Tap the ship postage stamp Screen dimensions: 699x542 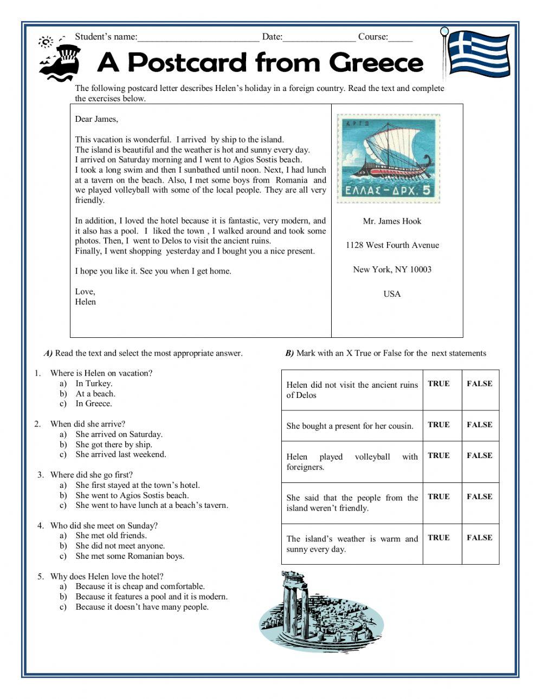(x=388, y=158)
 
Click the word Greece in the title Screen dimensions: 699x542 (x=376, y=63)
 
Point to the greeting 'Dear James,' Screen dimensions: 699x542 (x=96, y=119)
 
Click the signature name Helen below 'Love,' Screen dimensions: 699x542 (x=86, y=302)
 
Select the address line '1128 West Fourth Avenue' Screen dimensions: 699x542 (x=392, y=245)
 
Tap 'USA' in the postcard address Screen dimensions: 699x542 (x=392, y=294)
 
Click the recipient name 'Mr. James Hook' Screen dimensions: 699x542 (x=392, y=221)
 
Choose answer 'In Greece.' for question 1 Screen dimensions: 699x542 (x=94, y=404)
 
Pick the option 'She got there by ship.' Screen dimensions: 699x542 (x=114, y=445)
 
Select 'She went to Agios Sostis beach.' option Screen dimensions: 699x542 (x=132, y=495)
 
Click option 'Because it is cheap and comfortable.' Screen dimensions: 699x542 (x=140, y=586)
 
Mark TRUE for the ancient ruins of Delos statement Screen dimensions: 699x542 (x=438, y=384)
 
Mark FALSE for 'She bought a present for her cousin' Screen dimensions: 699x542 (x=480, y=425)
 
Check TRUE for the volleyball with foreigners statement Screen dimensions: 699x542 (x=438, y=456)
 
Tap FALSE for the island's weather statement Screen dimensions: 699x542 (x=480, y=538)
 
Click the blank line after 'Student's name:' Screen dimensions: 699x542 (x=198, y=37)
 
